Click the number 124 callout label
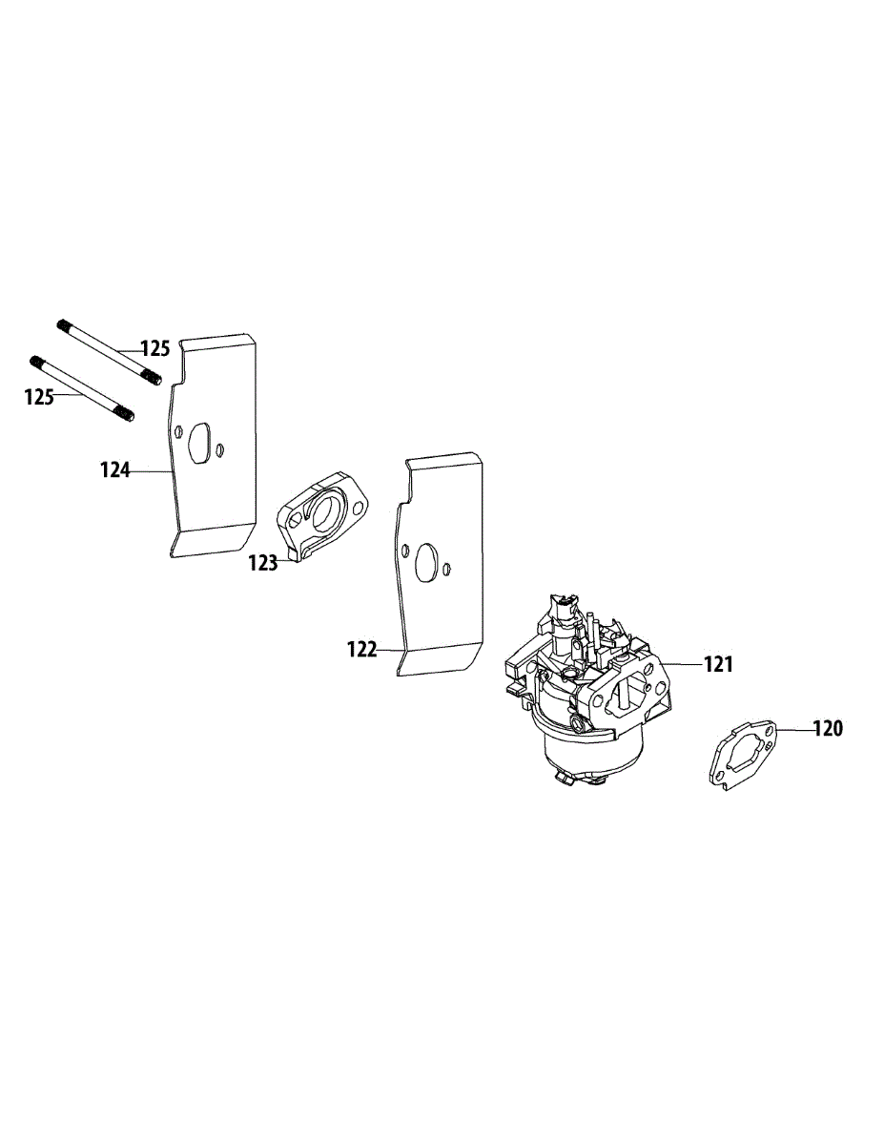[115, 469]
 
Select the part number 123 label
[262, 563]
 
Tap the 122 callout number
[362, 650]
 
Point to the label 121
[718, 664]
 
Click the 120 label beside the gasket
[828, 729]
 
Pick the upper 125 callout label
[155, 348]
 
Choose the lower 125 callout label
[39, 397]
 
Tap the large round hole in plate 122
[426, 559]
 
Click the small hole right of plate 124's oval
[220, 449]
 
